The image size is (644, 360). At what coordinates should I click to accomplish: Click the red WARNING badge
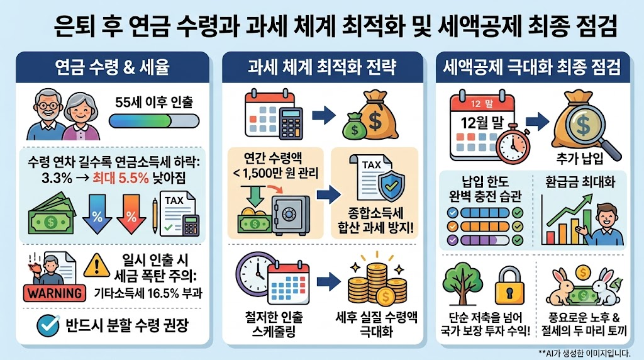coord(55,293)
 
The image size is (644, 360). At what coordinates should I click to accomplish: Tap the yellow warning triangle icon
coord(96,266)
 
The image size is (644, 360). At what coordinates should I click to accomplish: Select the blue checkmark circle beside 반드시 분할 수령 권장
coord(48,325)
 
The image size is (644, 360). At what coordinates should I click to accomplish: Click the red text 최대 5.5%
coord(120,178)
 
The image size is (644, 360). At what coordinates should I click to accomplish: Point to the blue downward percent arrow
coord(97,214)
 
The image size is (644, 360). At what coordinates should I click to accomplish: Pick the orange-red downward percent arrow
coord(131,214)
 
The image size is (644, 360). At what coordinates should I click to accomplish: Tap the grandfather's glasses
coord(48,105)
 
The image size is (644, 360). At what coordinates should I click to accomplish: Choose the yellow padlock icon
coord(509,285)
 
